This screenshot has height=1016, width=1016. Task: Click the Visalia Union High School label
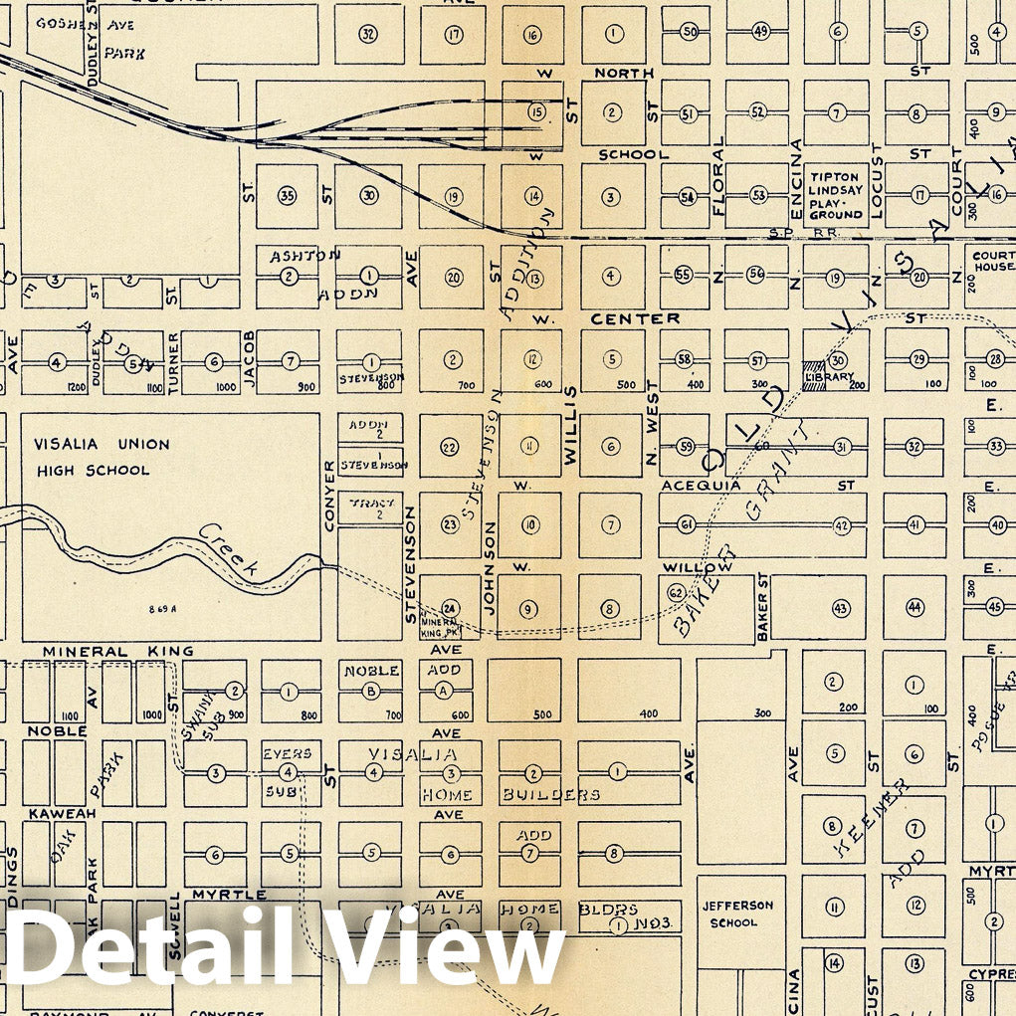pos(102,457)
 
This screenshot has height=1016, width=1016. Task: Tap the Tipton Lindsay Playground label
pos(835,195)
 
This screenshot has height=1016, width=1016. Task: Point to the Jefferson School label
pos(737,914)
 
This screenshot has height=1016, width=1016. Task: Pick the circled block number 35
pos(288,195)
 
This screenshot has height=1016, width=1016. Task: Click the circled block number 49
pos(761,32)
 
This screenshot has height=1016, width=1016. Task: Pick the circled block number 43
pos(840,607)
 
